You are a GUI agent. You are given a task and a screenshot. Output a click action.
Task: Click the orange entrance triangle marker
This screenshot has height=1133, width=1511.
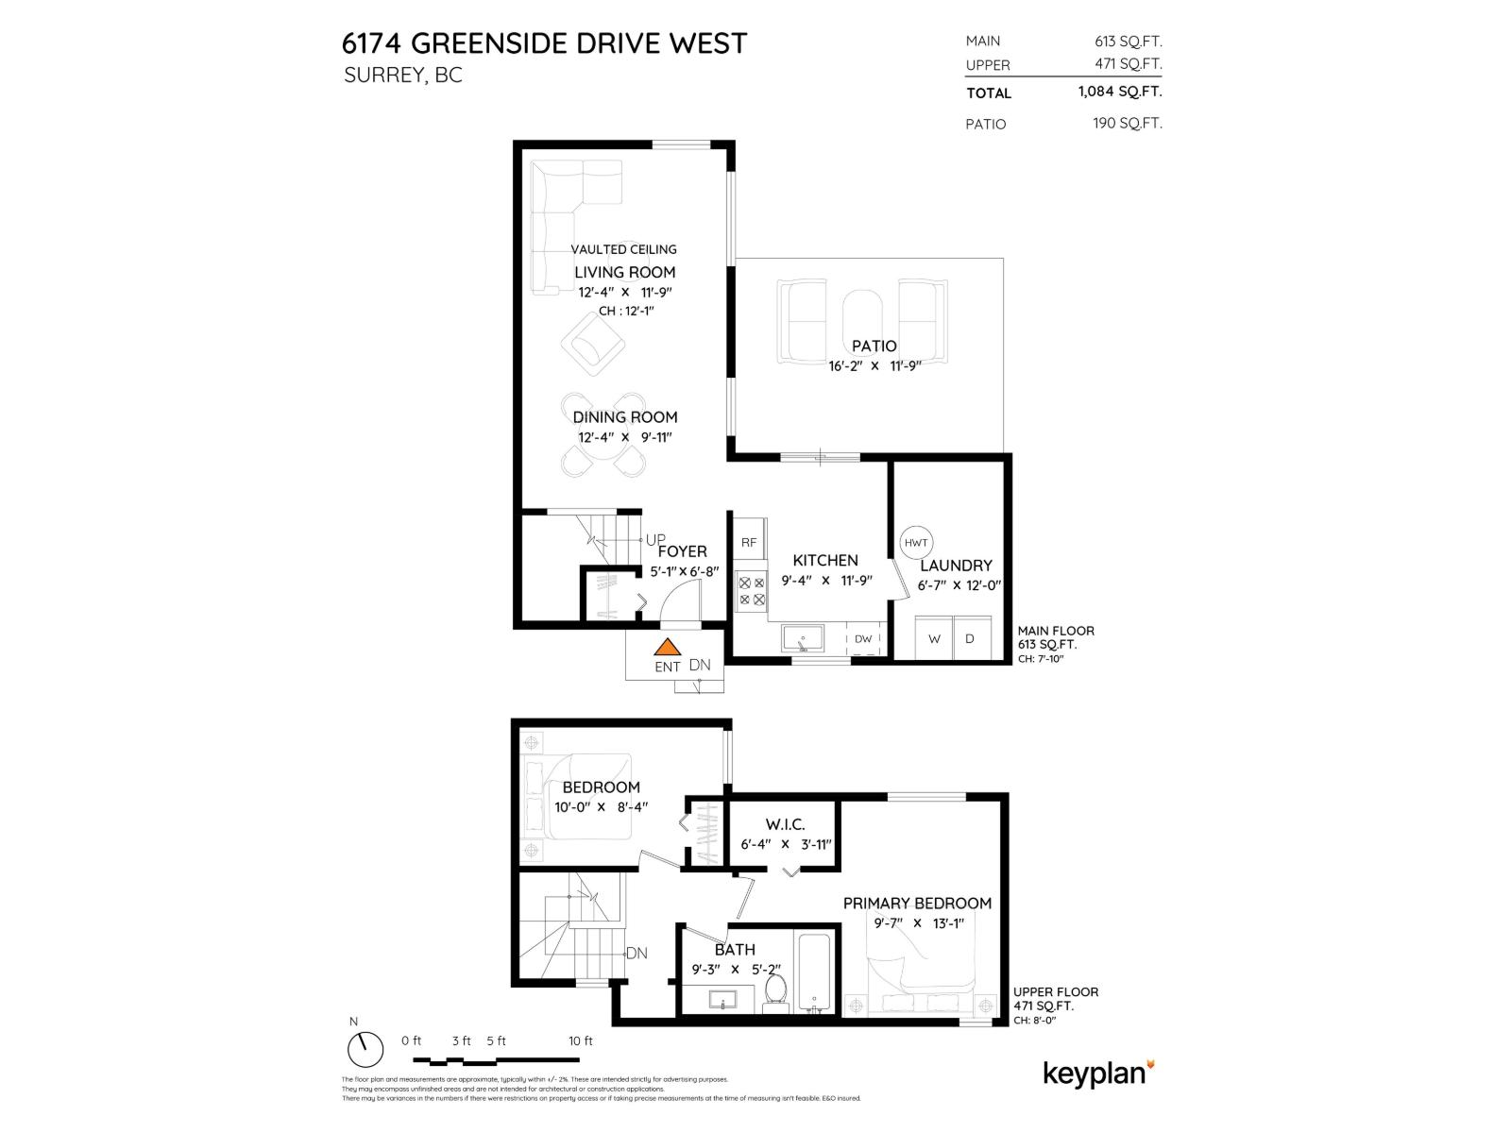click(668, 648)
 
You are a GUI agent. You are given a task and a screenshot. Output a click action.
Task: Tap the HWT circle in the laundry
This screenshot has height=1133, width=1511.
click(916, 543)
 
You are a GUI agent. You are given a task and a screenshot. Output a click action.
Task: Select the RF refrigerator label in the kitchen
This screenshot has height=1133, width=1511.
click(749, 543)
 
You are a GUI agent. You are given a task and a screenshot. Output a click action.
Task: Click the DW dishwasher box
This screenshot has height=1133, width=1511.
click(863, 639)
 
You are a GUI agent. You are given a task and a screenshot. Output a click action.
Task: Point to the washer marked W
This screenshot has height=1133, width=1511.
click(934, 638)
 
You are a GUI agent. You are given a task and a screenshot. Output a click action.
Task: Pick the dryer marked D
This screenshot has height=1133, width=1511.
click(969, 638)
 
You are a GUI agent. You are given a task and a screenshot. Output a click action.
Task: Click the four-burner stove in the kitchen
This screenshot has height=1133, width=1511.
click(752, 591)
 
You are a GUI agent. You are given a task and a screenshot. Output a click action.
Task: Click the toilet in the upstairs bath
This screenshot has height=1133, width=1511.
click(775, 991)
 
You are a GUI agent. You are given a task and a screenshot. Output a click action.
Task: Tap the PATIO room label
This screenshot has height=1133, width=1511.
click(874, 347)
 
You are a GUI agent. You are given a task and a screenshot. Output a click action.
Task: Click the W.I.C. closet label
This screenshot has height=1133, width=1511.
click(785, 824)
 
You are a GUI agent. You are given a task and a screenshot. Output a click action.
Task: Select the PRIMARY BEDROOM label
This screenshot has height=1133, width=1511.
click(917, 904)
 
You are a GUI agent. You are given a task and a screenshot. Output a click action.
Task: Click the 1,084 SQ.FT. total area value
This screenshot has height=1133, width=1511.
click(1120, 93)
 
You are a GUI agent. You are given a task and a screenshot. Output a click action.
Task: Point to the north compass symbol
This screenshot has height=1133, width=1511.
click(364, 1047)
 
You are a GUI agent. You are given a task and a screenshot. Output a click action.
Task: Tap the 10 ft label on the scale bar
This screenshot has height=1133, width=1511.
click(581, 1041)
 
